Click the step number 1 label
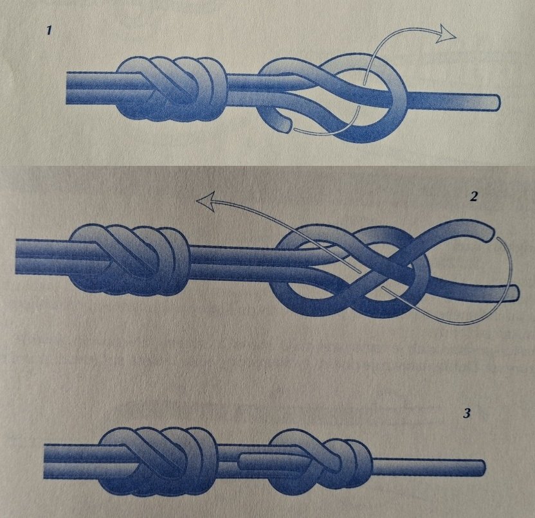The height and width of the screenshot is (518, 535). [x=50, y=31]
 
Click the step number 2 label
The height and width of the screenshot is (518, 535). [x=473, y=197]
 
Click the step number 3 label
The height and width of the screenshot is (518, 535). [x=466, y=413]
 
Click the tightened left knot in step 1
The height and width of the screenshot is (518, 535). [x=172, y=89]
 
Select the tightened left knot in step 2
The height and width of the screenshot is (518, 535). [x=130, y=259]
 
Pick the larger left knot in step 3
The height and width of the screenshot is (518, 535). [x=158, y=460]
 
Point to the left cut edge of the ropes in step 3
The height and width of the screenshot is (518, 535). [x=45, y=461]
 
